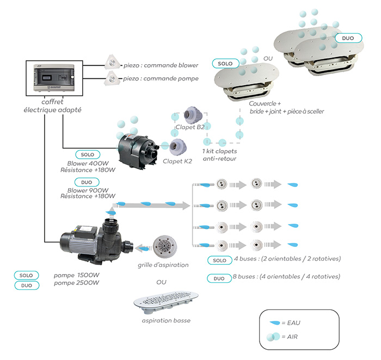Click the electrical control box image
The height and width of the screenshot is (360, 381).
tap(54, 78)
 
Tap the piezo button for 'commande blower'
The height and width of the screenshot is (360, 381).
tap(112, 62)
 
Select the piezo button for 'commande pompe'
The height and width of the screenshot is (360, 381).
tap(112, 78)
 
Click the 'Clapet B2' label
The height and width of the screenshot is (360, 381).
tap(190, 127)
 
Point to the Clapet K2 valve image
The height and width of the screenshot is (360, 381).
tap(177, 147)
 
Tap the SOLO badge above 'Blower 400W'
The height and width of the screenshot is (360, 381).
tap(88, 154)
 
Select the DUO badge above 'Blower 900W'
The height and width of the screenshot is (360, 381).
tap(87, 182)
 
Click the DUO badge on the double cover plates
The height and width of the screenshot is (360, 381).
tap(348, 38)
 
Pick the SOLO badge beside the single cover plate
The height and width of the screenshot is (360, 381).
tap(225, 64)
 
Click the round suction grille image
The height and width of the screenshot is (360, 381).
tap(165, 247)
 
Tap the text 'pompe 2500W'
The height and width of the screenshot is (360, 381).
tap(76, 283)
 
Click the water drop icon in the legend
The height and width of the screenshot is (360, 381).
tap(274, 323)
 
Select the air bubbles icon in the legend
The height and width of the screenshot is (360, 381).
tap(273, 337)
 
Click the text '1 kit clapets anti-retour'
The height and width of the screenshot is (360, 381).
tap(220, 155)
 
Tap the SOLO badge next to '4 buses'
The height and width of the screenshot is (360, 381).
tap(220, 260)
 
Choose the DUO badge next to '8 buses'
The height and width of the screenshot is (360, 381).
tap(219, 278)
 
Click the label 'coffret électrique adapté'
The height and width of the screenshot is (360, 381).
tap(52, 106)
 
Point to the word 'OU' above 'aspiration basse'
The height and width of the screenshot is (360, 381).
tap(161, 282)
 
